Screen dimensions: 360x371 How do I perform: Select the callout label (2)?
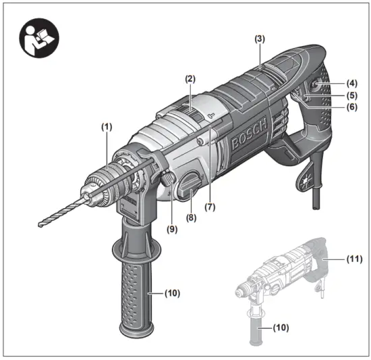(190, 79)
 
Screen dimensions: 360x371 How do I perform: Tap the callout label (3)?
(260, 40)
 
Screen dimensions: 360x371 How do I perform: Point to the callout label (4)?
(351, 84)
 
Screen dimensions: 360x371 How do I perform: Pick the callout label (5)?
(351, 95)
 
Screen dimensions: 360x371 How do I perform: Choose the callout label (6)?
(351, 107)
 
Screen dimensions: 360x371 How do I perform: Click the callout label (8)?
(190, 219)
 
